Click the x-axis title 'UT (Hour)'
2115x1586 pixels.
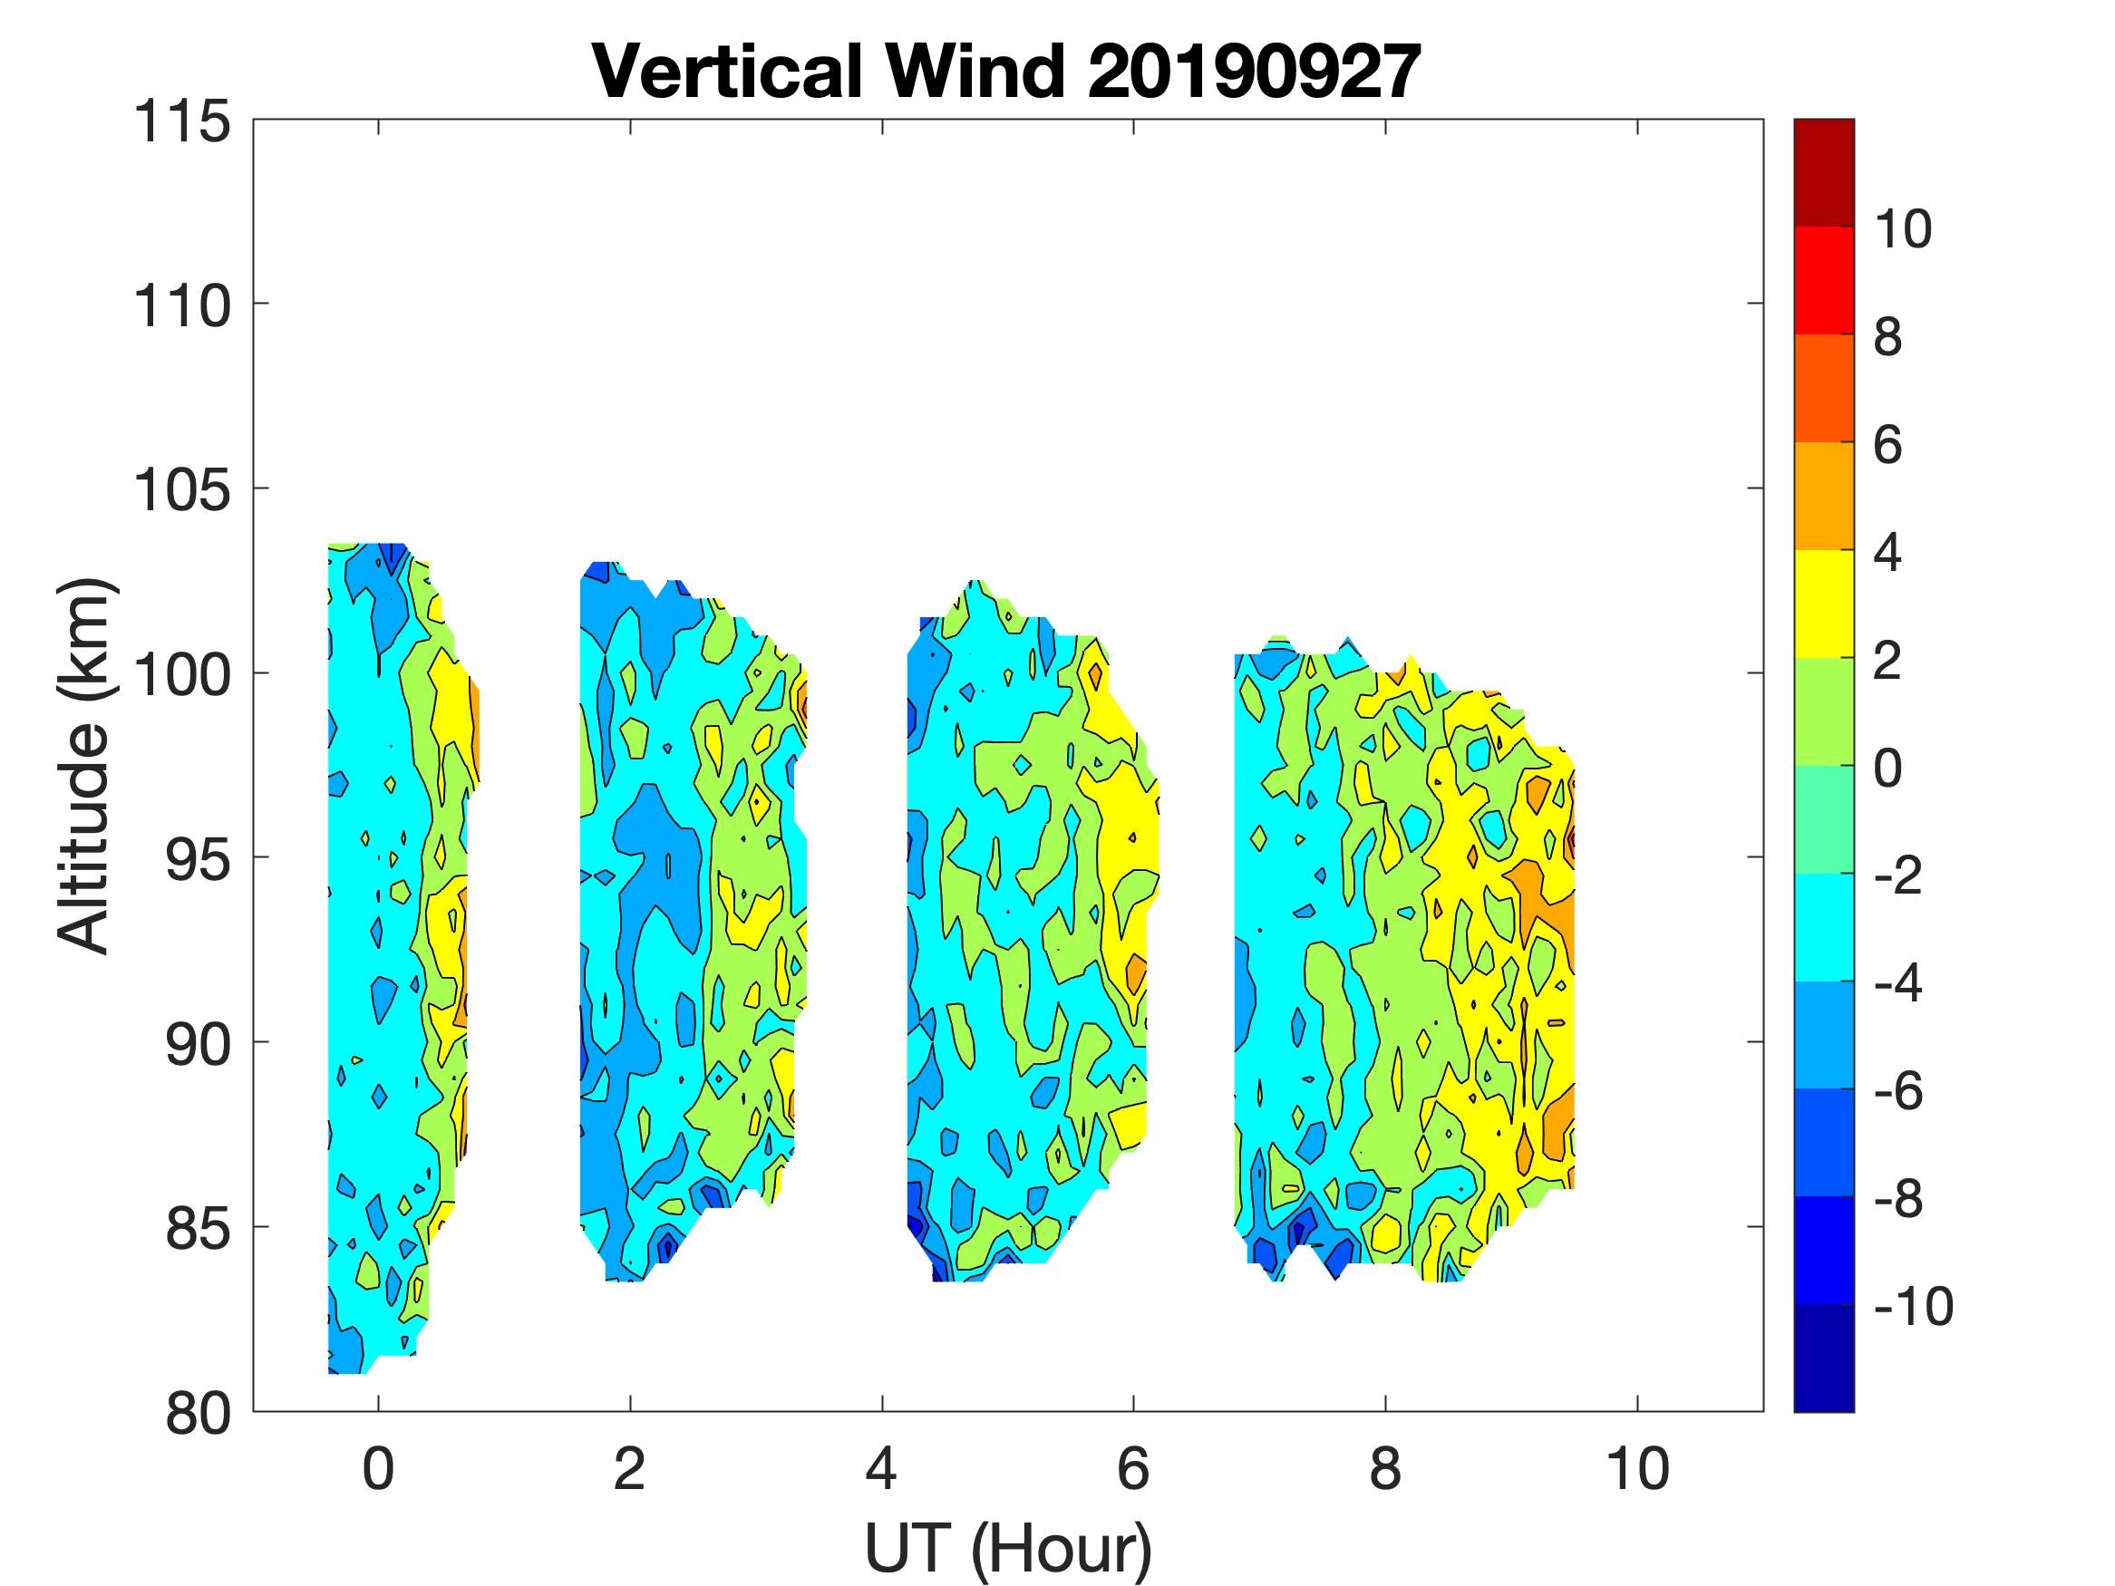pyautogui.click(x=1008, y=1548)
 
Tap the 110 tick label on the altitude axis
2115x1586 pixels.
pyautogui.click(x=181, y=307)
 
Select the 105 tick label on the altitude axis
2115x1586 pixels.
pyautogui.click(x=181, y=491)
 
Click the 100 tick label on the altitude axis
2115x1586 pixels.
pyautogui.click(x=181, y=677)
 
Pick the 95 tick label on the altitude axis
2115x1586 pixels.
pyautogui.click(x=197, y=861)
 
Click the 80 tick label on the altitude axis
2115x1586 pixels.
pyautogui.click(x=197, y=1414)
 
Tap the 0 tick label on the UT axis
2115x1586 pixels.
pyautogui.click(x=379, y=1469)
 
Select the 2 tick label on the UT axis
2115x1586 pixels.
pyautogui.click(x=630, y=1469)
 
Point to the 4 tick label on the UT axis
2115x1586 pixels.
pyautogui.click(x=881, y=1469)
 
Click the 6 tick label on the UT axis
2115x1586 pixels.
pyautogui.click(x=1133, y=1469)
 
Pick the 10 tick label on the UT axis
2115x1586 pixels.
pyautogui.click(x=1638, y=1469)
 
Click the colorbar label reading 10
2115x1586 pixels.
pyautogui.click(x=1902, y=229)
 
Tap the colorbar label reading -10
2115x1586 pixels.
pyautogui.click(x=1912, y=1307)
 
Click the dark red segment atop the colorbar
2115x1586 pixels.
pyautogui.click(x=1823, y=172)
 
